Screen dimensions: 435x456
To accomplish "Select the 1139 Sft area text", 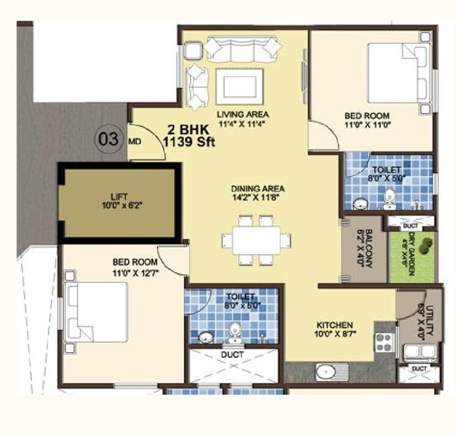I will (x=185, y=140).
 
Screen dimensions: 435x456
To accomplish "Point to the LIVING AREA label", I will (x=243, y=114).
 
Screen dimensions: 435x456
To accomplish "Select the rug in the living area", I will (x=239, y=86).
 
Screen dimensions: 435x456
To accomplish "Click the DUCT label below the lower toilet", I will (x=233, y=354).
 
